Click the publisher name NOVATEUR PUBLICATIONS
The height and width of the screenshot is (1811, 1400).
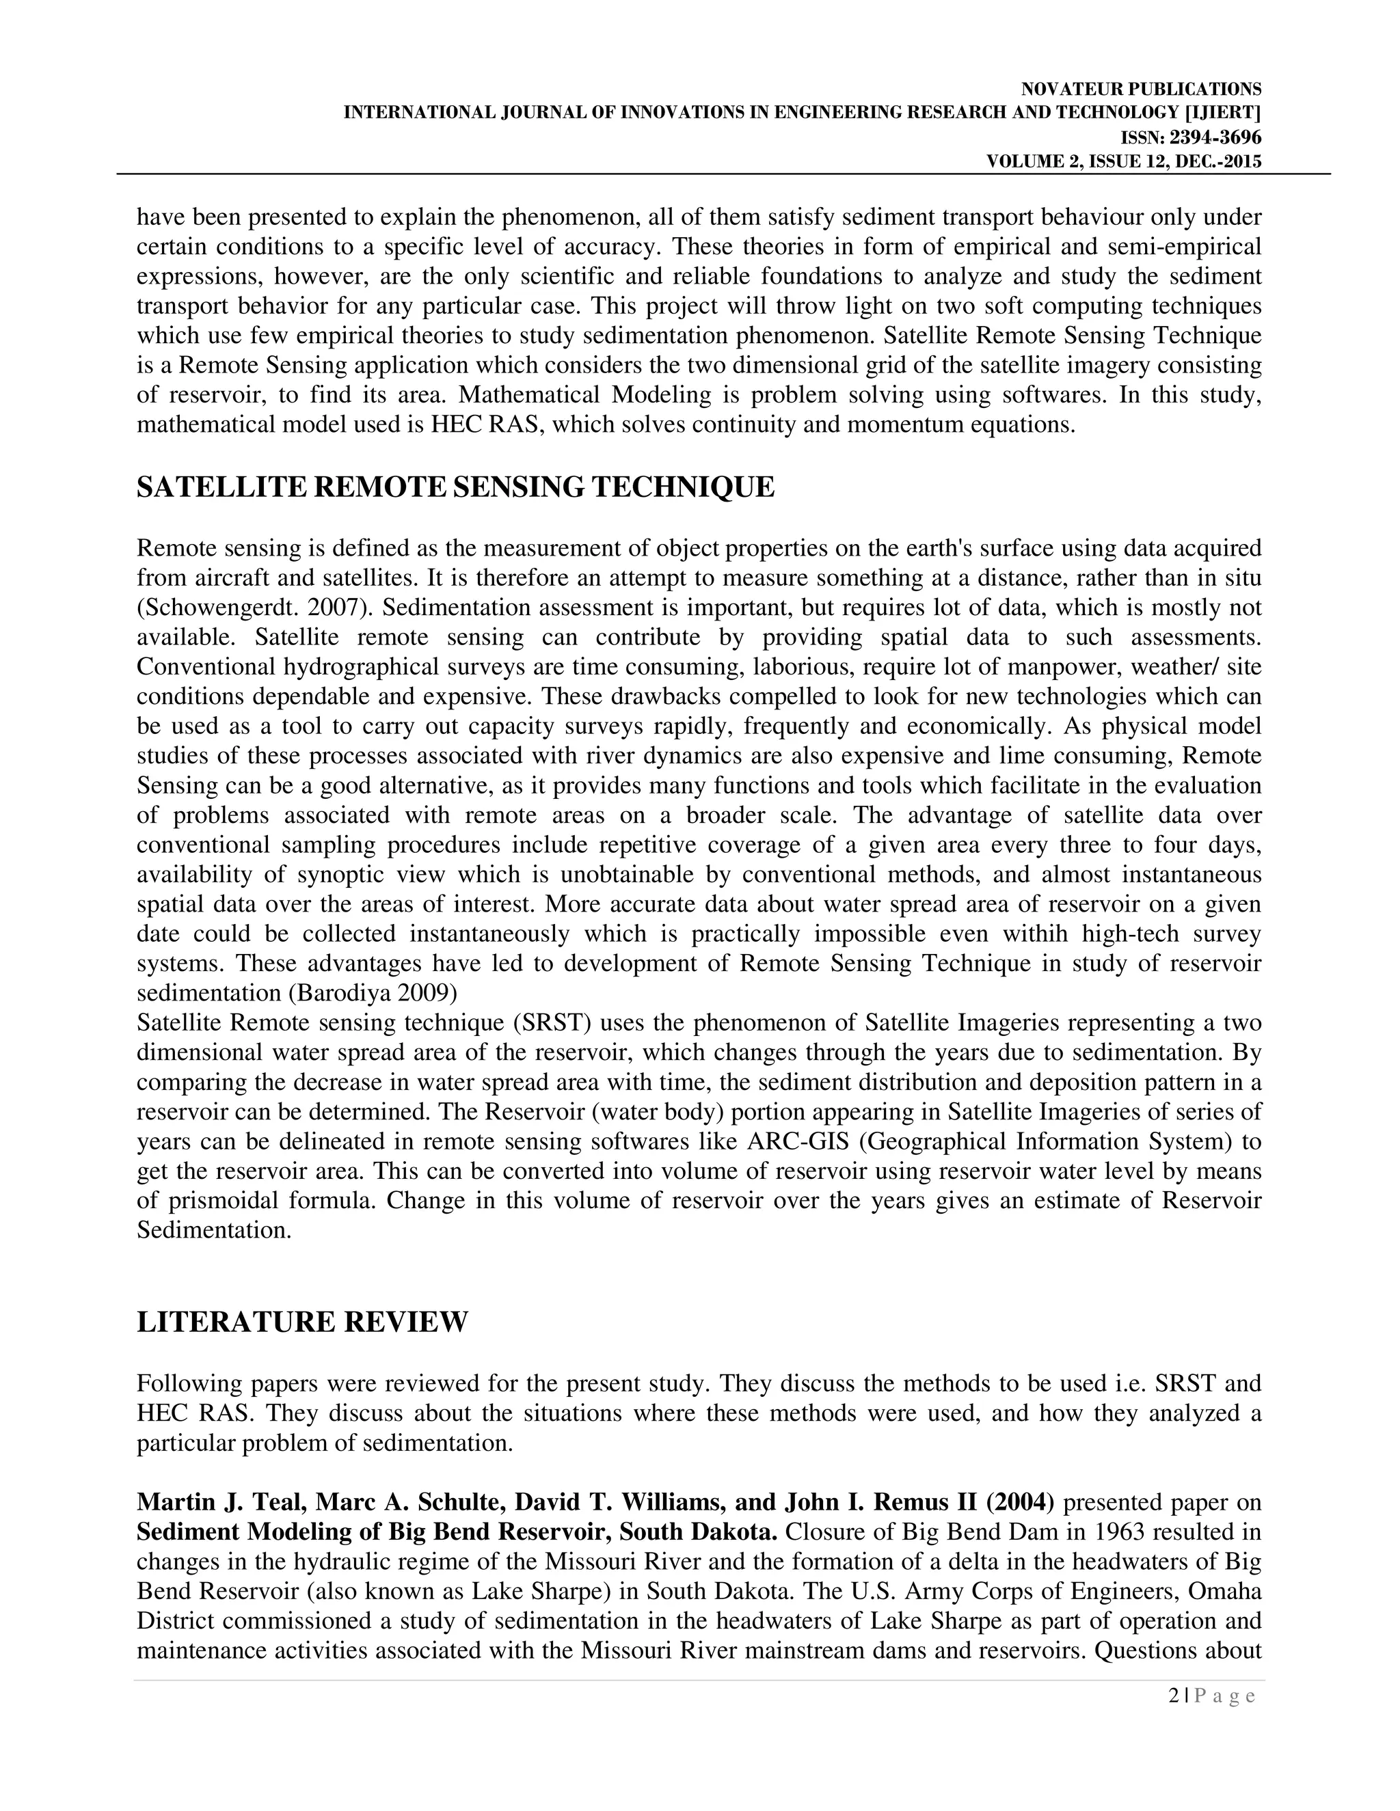point(1141,90)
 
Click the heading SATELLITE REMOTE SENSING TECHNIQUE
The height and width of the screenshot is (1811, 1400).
point(455,487)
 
